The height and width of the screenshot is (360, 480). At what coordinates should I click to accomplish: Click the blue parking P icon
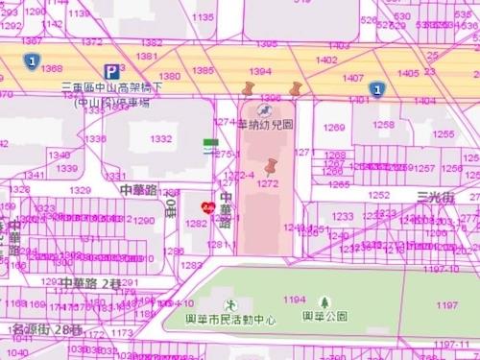point(112,71)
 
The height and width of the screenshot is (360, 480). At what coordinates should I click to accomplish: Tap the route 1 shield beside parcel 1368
point(32,61)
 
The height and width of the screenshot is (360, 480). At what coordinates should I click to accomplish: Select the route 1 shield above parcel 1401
point(376,88)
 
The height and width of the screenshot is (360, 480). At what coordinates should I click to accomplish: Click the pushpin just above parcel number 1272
point(271,167)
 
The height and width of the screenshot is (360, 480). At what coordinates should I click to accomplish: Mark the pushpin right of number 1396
point(294,89)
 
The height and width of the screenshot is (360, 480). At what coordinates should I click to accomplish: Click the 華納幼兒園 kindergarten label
point(266,125)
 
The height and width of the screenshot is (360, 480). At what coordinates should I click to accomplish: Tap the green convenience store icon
point(209,145)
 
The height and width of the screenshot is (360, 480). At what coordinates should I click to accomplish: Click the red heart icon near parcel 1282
point(205,205)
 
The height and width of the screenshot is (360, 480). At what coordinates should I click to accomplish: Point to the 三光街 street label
point(435,195)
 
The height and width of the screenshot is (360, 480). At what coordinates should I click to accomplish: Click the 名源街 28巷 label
point(47,328)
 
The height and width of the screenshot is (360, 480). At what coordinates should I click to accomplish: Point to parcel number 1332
point(161,139)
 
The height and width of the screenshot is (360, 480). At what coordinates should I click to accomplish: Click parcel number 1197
point(446,305)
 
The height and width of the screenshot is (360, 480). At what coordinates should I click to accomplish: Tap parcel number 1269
point(334,128)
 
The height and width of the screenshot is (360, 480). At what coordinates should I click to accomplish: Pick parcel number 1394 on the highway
point(260,71)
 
